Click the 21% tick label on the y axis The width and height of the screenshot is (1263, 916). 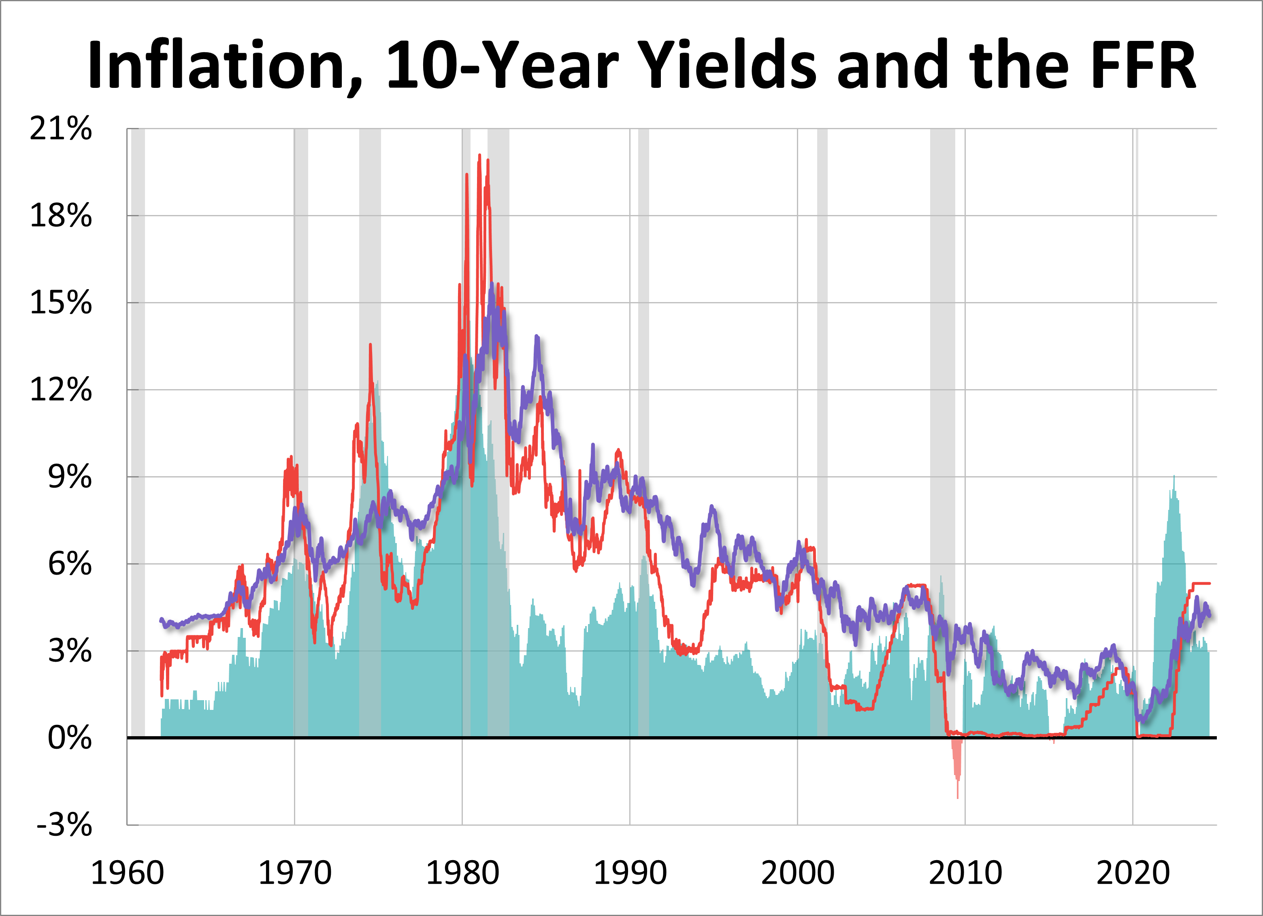(x=61, y=129)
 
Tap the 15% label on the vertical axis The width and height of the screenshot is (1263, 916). (x=61, y=303)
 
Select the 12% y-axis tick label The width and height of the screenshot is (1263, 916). (x=61, y=390)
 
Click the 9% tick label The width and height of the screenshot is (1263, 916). (x=70, y=477)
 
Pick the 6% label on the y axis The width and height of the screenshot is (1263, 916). (x=70, y=564)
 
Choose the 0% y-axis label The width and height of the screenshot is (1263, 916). (x=70, y=738)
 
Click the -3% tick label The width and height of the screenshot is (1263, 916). (x=64, y=825)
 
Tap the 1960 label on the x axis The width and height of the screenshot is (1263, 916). (x=127, y=873)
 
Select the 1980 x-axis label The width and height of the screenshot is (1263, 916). (x=462, y=873)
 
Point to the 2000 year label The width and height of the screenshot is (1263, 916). (x=797, y=873)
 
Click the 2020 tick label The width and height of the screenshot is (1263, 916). (x=1133, y=873)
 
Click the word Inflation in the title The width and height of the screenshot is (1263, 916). (x=223, y=66)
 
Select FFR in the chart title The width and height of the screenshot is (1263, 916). (x=1142, y=66)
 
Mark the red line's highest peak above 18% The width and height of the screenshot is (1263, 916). (x=479, y=156)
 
